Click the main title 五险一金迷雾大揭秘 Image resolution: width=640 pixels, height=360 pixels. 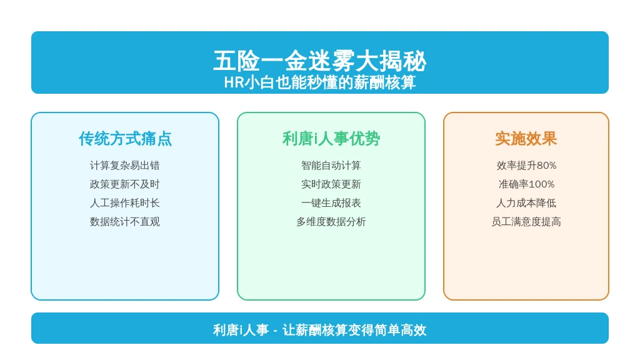pos(319,61)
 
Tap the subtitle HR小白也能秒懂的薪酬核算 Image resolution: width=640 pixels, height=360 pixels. pos(319,82)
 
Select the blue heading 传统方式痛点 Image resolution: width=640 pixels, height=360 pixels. pos(125,139)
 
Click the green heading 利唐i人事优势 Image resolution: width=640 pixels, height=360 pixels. pos(331,139)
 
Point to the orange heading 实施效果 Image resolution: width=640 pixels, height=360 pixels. pos(526,139)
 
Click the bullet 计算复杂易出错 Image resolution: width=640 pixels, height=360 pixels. pos(125,165)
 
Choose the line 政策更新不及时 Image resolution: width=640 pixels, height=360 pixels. pos(125,184)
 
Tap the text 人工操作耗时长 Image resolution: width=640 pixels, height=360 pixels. pos(125,203)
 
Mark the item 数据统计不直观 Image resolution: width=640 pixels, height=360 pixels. pos(125,222)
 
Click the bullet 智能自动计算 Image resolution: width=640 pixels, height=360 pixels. pos(331,165)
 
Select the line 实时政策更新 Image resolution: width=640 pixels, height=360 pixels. pos(331,184)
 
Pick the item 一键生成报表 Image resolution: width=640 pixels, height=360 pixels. pos(331,203)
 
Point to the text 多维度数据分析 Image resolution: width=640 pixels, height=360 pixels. pos(331,222)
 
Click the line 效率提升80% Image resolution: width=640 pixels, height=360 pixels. pos(526,165)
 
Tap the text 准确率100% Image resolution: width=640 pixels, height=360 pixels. pos(526,184)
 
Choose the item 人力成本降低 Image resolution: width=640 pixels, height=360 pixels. pos(526,203)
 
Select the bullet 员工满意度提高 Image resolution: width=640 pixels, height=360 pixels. pos(526,222)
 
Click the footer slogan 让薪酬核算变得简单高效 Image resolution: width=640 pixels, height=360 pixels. pos(354,330)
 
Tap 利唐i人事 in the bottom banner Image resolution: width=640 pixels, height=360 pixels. pos(241,330)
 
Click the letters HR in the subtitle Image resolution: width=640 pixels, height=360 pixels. pos(234,83)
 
